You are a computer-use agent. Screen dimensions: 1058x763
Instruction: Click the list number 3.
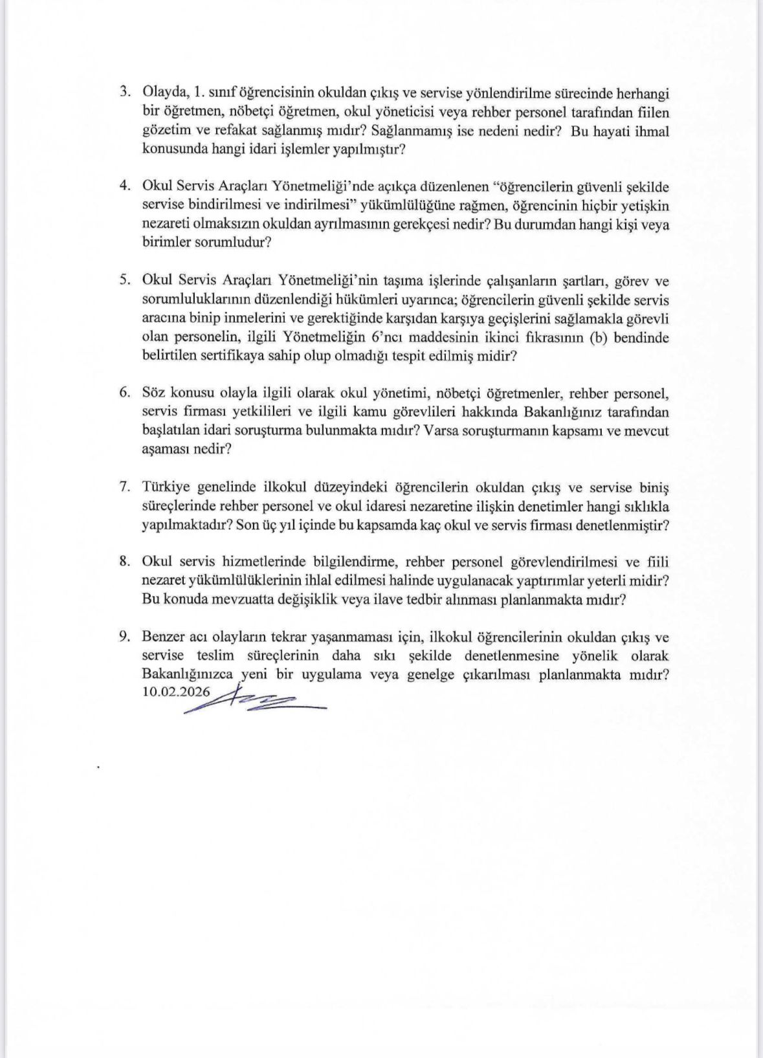126,93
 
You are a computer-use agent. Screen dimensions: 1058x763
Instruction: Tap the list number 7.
126,487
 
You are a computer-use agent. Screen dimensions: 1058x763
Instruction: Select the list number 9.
126,637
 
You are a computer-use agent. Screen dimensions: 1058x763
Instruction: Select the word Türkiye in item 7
164,487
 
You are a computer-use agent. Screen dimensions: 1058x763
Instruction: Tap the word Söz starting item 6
153,393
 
